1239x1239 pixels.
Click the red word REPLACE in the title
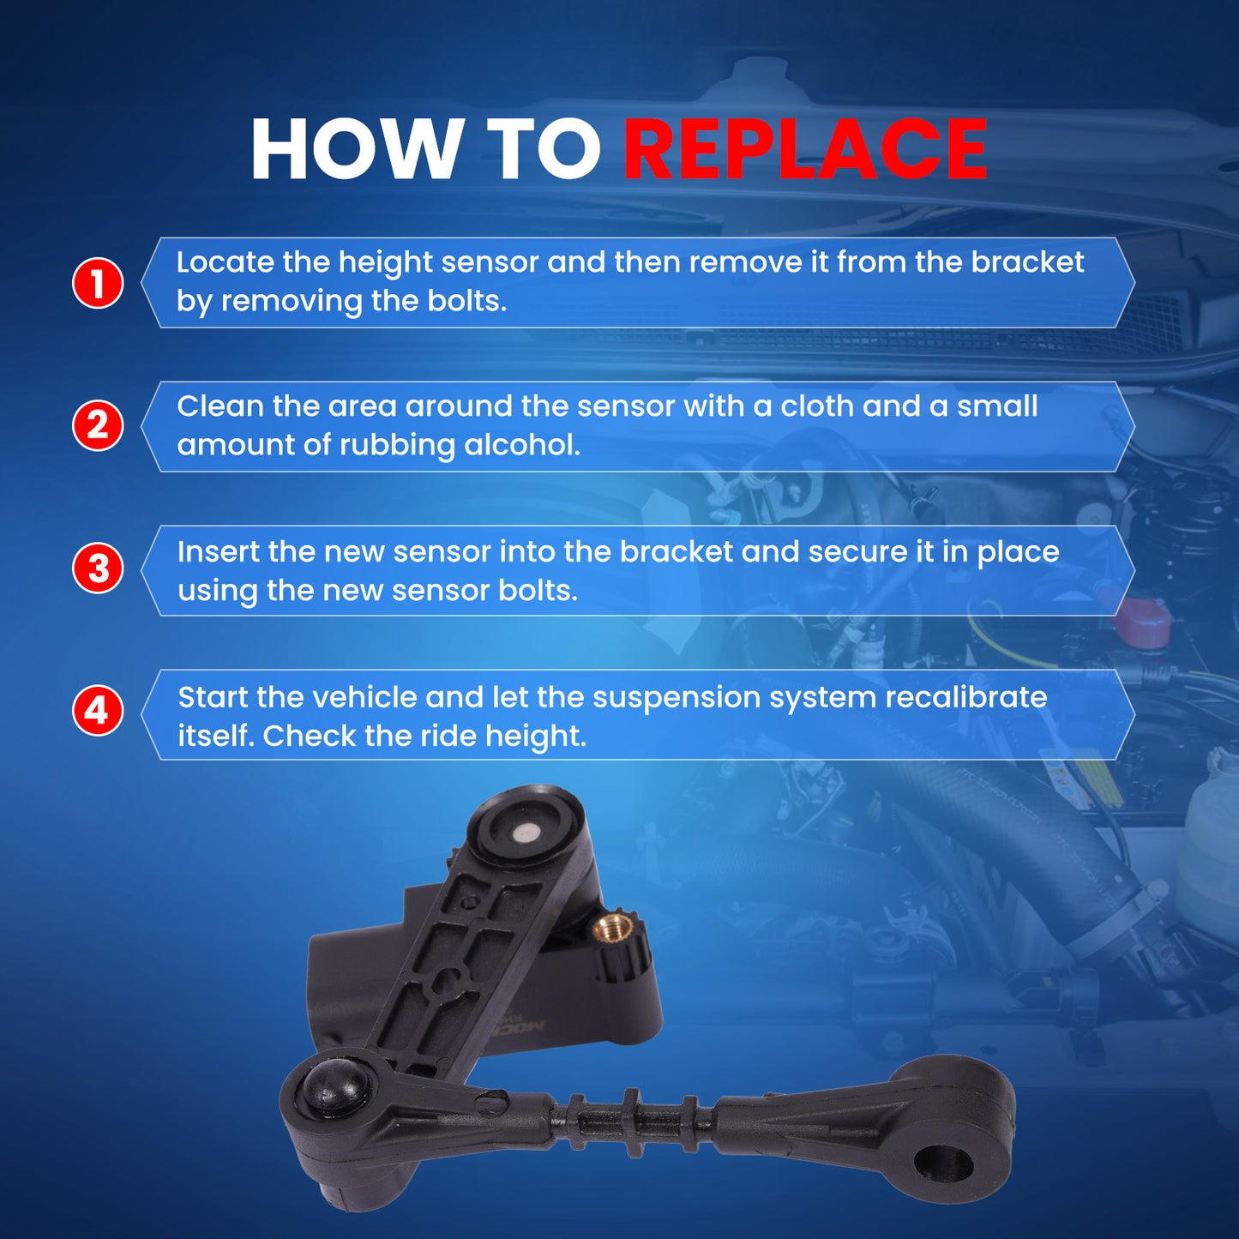(805, 149)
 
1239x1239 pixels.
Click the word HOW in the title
(353, 149)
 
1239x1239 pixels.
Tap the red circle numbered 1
(98, 283)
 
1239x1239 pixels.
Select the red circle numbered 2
(98, 425)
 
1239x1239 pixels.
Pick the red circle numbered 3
(98, 569)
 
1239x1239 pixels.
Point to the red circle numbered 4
(98, 712)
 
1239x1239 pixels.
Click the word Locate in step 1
(225, 262)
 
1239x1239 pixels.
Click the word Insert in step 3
(218, 551)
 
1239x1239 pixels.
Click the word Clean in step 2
(220, 406)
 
